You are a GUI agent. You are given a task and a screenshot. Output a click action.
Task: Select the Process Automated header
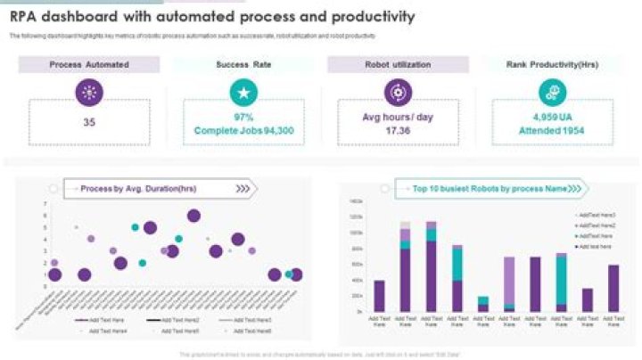tap(89, 64)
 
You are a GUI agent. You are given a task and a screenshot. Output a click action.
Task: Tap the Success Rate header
tap(243, 64)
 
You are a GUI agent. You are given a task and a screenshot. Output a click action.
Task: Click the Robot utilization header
tap(398, 64)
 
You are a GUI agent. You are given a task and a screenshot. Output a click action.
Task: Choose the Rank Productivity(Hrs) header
tap(553, 64)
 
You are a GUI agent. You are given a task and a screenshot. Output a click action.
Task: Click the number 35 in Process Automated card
tap(89, 123)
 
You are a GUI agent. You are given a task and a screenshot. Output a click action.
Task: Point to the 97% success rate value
tap(243, 117)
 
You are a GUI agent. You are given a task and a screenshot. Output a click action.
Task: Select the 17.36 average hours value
tap(398, 130)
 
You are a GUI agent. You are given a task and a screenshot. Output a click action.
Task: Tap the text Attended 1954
tap(553, 130)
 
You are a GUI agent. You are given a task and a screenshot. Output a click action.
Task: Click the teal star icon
tap(243, 92)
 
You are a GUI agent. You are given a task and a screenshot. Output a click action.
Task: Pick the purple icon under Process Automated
tap(89, 92)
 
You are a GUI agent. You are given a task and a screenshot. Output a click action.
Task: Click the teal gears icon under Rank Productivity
tap(552, 92)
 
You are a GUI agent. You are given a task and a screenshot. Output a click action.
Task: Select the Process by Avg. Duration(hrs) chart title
tap(137, 189)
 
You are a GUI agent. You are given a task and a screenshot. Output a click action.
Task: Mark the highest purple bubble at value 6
tap(194, 216)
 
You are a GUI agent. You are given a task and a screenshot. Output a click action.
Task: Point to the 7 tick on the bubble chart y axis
tap(45, 204)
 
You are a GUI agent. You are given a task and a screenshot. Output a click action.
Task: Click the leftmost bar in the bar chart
tap(380, 296)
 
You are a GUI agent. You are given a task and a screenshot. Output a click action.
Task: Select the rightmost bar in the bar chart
tap(613, 288)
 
